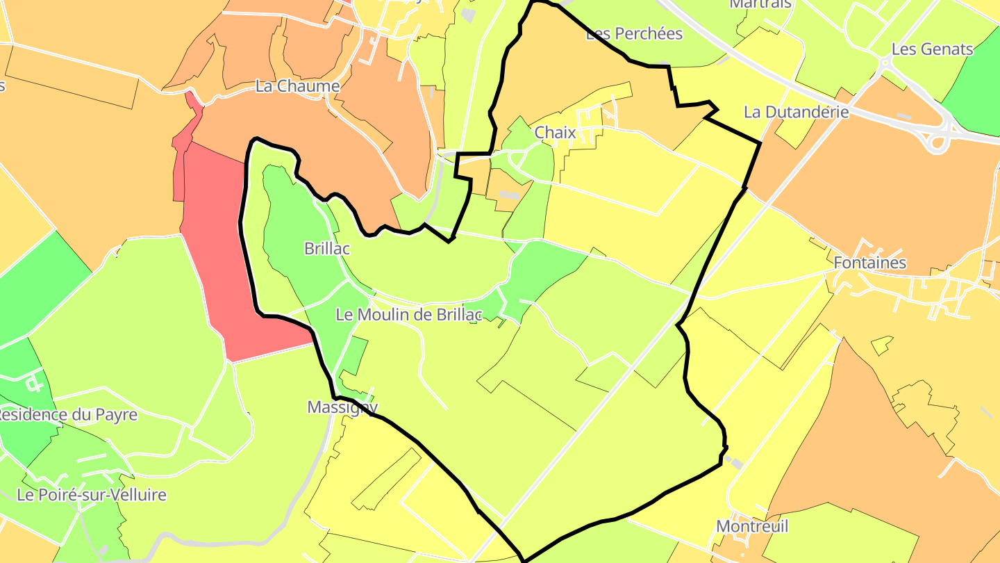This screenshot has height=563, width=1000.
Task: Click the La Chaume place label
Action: [x=297, y=86]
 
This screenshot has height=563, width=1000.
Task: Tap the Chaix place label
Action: [x=555, y=132]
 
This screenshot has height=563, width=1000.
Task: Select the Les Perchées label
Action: [x=634, y=33]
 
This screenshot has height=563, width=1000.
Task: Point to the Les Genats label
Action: [x=932, y=49]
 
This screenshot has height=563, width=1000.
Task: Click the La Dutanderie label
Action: [x=796, y=112]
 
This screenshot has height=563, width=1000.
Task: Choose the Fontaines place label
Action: [x=869, y=263]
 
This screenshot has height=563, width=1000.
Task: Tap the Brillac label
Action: [x=326, y=248]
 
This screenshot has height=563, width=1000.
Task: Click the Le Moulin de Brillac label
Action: [x=408, y=314]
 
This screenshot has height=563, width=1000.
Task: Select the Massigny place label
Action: [x=342, y=407]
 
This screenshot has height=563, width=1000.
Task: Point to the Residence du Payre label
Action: [x=67, y=415]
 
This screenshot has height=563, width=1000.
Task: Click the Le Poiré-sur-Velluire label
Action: [x=92, y=495]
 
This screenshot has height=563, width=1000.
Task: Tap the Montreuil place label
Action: [x=752, y=526]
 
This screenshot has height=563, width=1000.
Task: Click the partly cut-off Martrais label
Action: [x=750, y=4]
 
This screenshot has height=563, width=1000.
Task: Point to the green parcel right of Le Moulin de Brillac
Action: [x=549, y=268]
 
